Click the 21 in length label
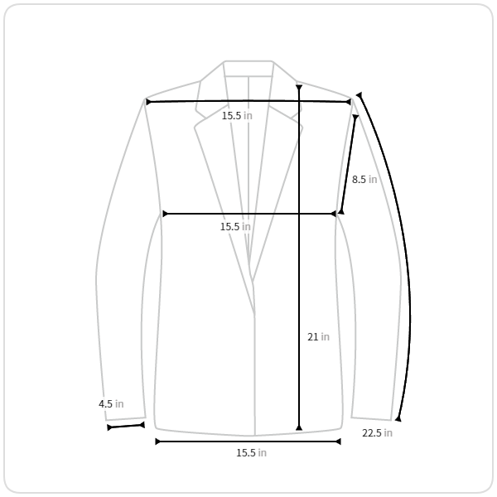click(318, 336)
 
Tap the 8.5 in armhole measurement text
click(364, 180)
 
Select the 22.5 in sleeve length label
click(377, 432)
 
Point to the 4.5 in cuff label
click(111, 404)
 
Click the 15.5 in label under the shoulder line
click(237, 116)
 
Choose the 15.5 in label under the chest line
click(235, 227)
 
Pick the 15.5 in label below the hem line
click(251, 452)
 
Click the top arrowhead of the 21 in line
click(299, 88)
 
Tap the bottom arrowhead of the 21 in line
click(299, 428)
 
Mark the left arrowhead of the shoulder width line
click(148, 102)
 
